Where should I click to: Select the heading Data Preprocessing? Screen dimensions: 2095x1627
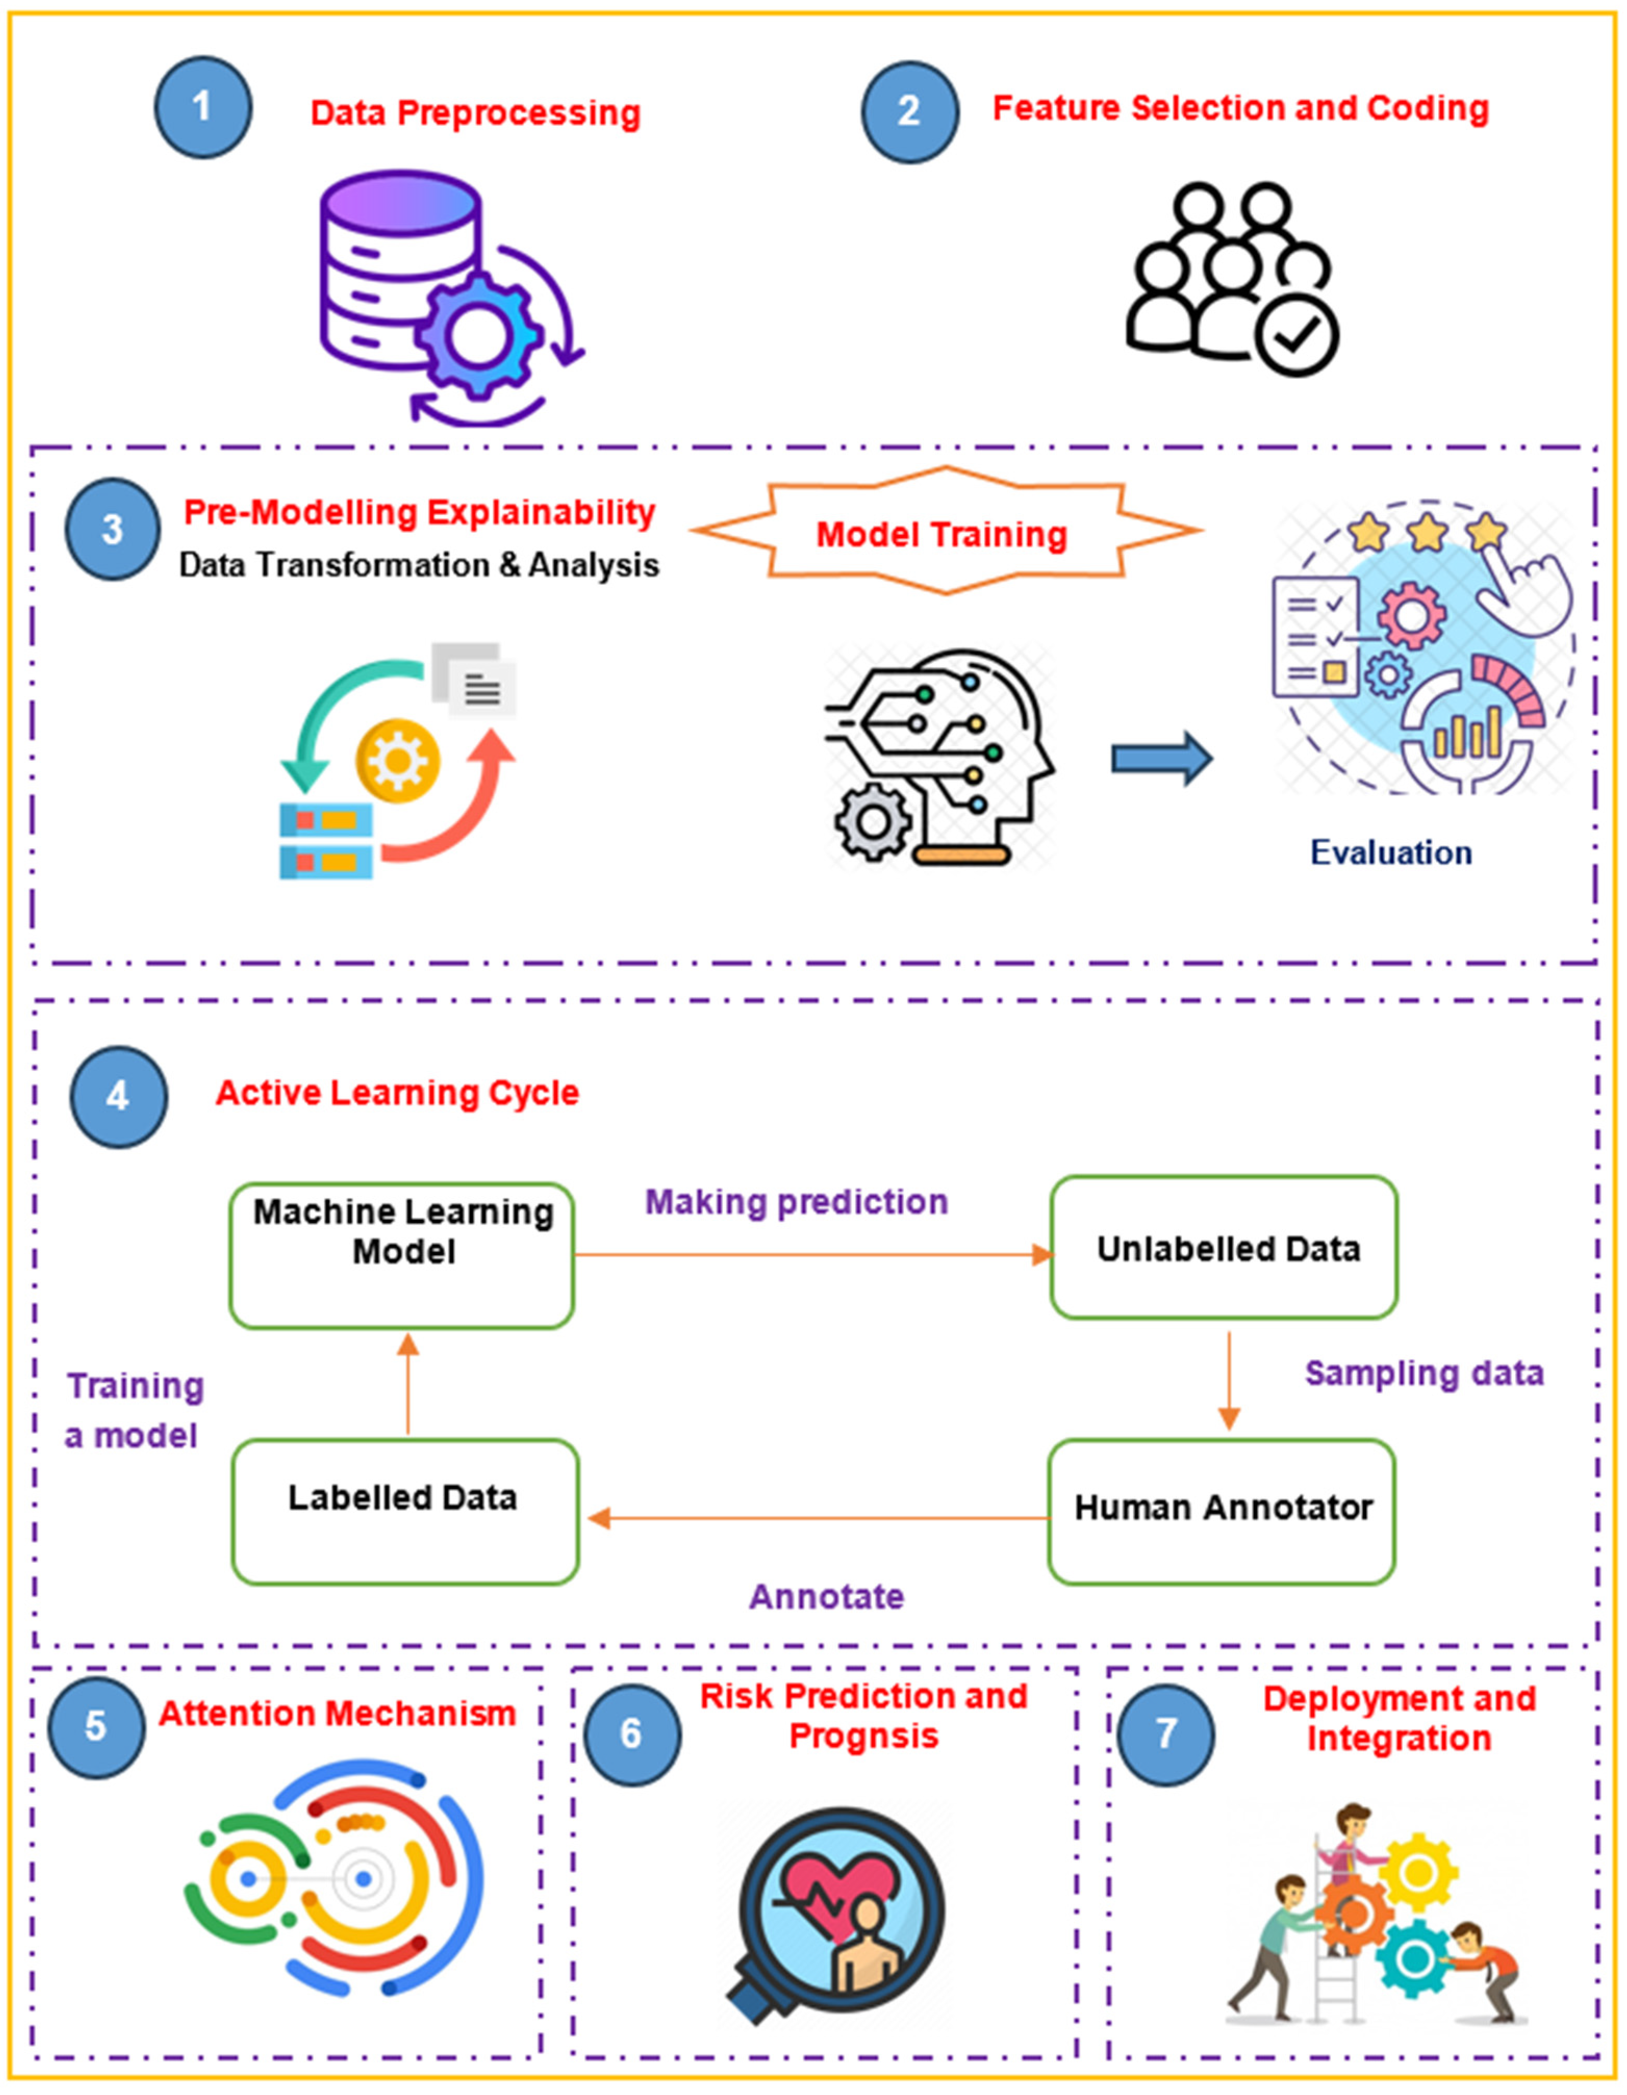[475, 113]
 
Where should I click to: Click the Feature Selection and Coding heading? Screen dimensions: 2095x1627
[1239, 108]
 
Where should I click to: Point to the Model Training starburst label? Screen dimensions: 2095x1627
[942, 533]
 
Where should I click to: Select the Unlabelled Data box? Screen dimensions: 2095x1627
[1224, 1248]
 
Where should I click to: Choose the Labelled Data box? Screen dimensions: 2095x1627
[404, 1498]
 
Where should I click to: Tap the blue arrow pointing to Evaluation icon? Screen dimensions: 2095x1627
[1161, 759]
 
